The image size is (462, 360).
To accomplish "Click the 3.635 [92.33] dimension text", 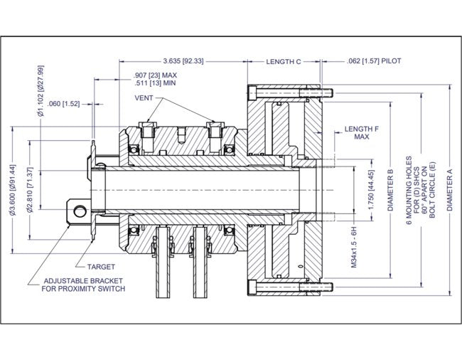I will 183,61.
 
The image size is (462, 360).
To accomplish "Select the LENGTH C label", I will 285,61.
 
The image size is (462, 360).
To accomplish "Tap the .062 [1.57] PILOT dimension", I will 375,61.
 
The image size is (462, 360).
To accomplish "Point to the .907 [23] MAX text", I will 155,74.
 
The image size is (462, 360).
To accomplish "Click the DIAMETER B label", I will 390,192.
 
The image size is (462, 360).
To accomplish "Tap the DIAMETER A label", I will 448,192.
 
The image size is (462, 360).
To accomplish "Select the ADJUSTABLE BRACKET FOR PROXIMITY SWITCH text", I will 84,285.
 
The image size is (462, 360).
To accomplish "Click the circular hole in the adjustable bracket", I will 80,210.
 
